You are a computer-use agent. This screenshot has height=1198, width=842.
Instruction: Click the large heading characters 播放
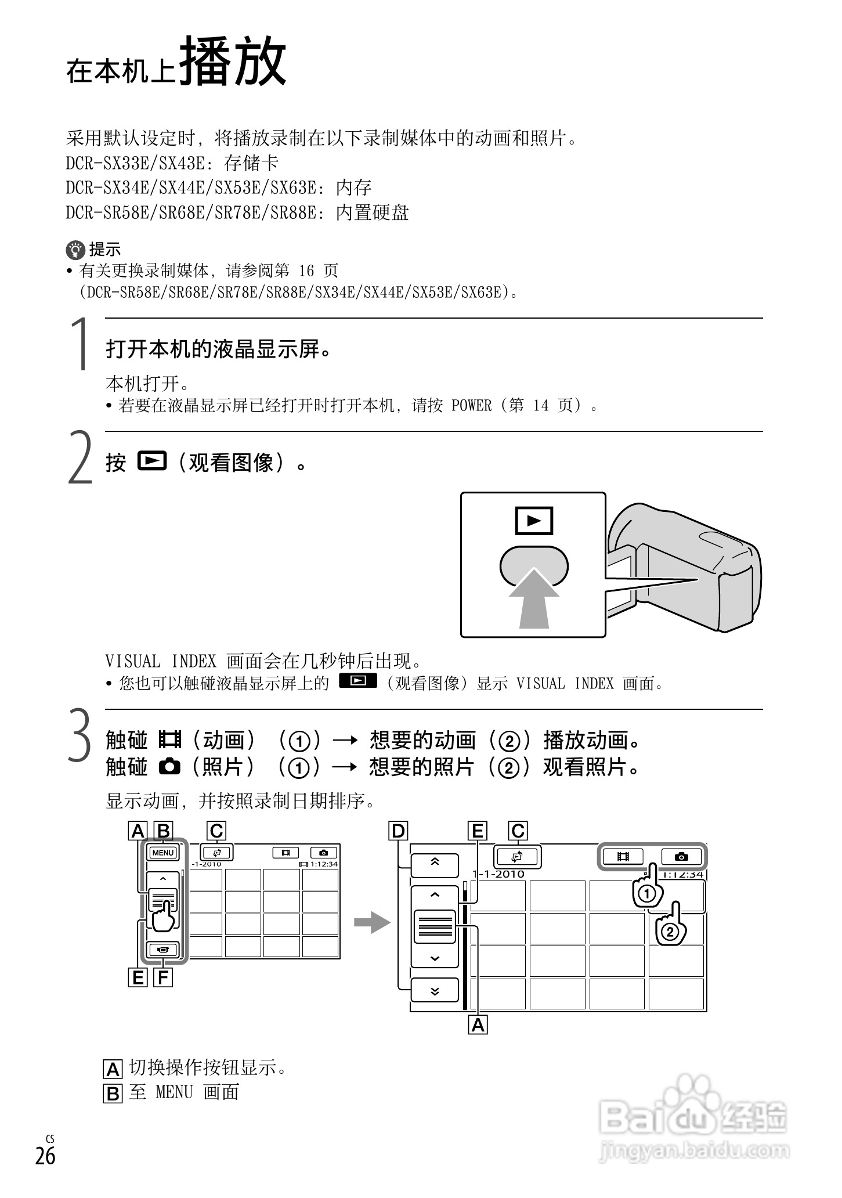(x=232, y=63)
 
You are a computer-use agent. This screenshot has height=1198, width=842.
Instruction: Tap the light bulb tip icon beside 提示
(x=75, y=250)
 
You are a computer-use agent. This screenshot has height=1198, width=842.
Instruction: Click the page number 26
(x=45, y=1155)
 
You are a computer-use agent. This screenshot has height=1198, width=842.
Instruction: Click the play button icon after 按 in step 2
(x=152, y=461)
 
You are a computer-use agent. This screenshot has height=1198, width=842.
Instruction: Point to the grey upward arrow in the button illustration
(x=534, y=601)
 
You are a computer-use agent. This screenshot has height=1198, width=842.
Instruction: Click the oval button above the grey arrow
(x=534, y=565)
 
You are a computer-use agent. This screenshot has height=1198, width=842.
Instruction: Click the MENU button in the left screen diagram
(x=163, y=853)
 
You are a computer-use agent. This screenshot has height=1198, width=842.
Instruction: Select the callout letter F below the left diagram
(x=163, y=978)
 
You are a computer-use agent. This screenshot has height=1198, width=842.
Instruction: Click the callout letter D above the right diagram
(x=398, y=832)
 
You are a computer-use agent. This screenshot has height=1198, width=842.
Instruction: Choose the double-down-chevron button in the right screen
(x=435, y=991)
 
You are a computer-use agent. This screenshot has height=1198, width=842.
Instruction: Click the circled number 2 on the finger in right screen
(x=669, y=933)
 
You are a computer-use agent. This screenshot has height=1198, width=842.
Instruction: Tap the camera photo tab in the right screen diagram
(x=682, y=857)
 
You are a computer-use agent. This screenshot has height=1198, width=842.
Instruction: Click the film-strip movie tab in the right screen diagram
(x=623, y=857)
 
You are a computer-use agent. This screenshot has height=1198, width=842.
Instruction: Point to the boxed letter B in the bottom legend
(x=113, y=1094)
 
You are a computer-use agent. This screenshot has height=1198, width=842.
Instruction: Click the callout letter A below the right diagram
(x=478, y=1025)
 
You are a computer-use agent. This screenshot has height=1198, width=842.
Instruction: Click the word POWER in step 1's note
(x=471, y=405)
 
